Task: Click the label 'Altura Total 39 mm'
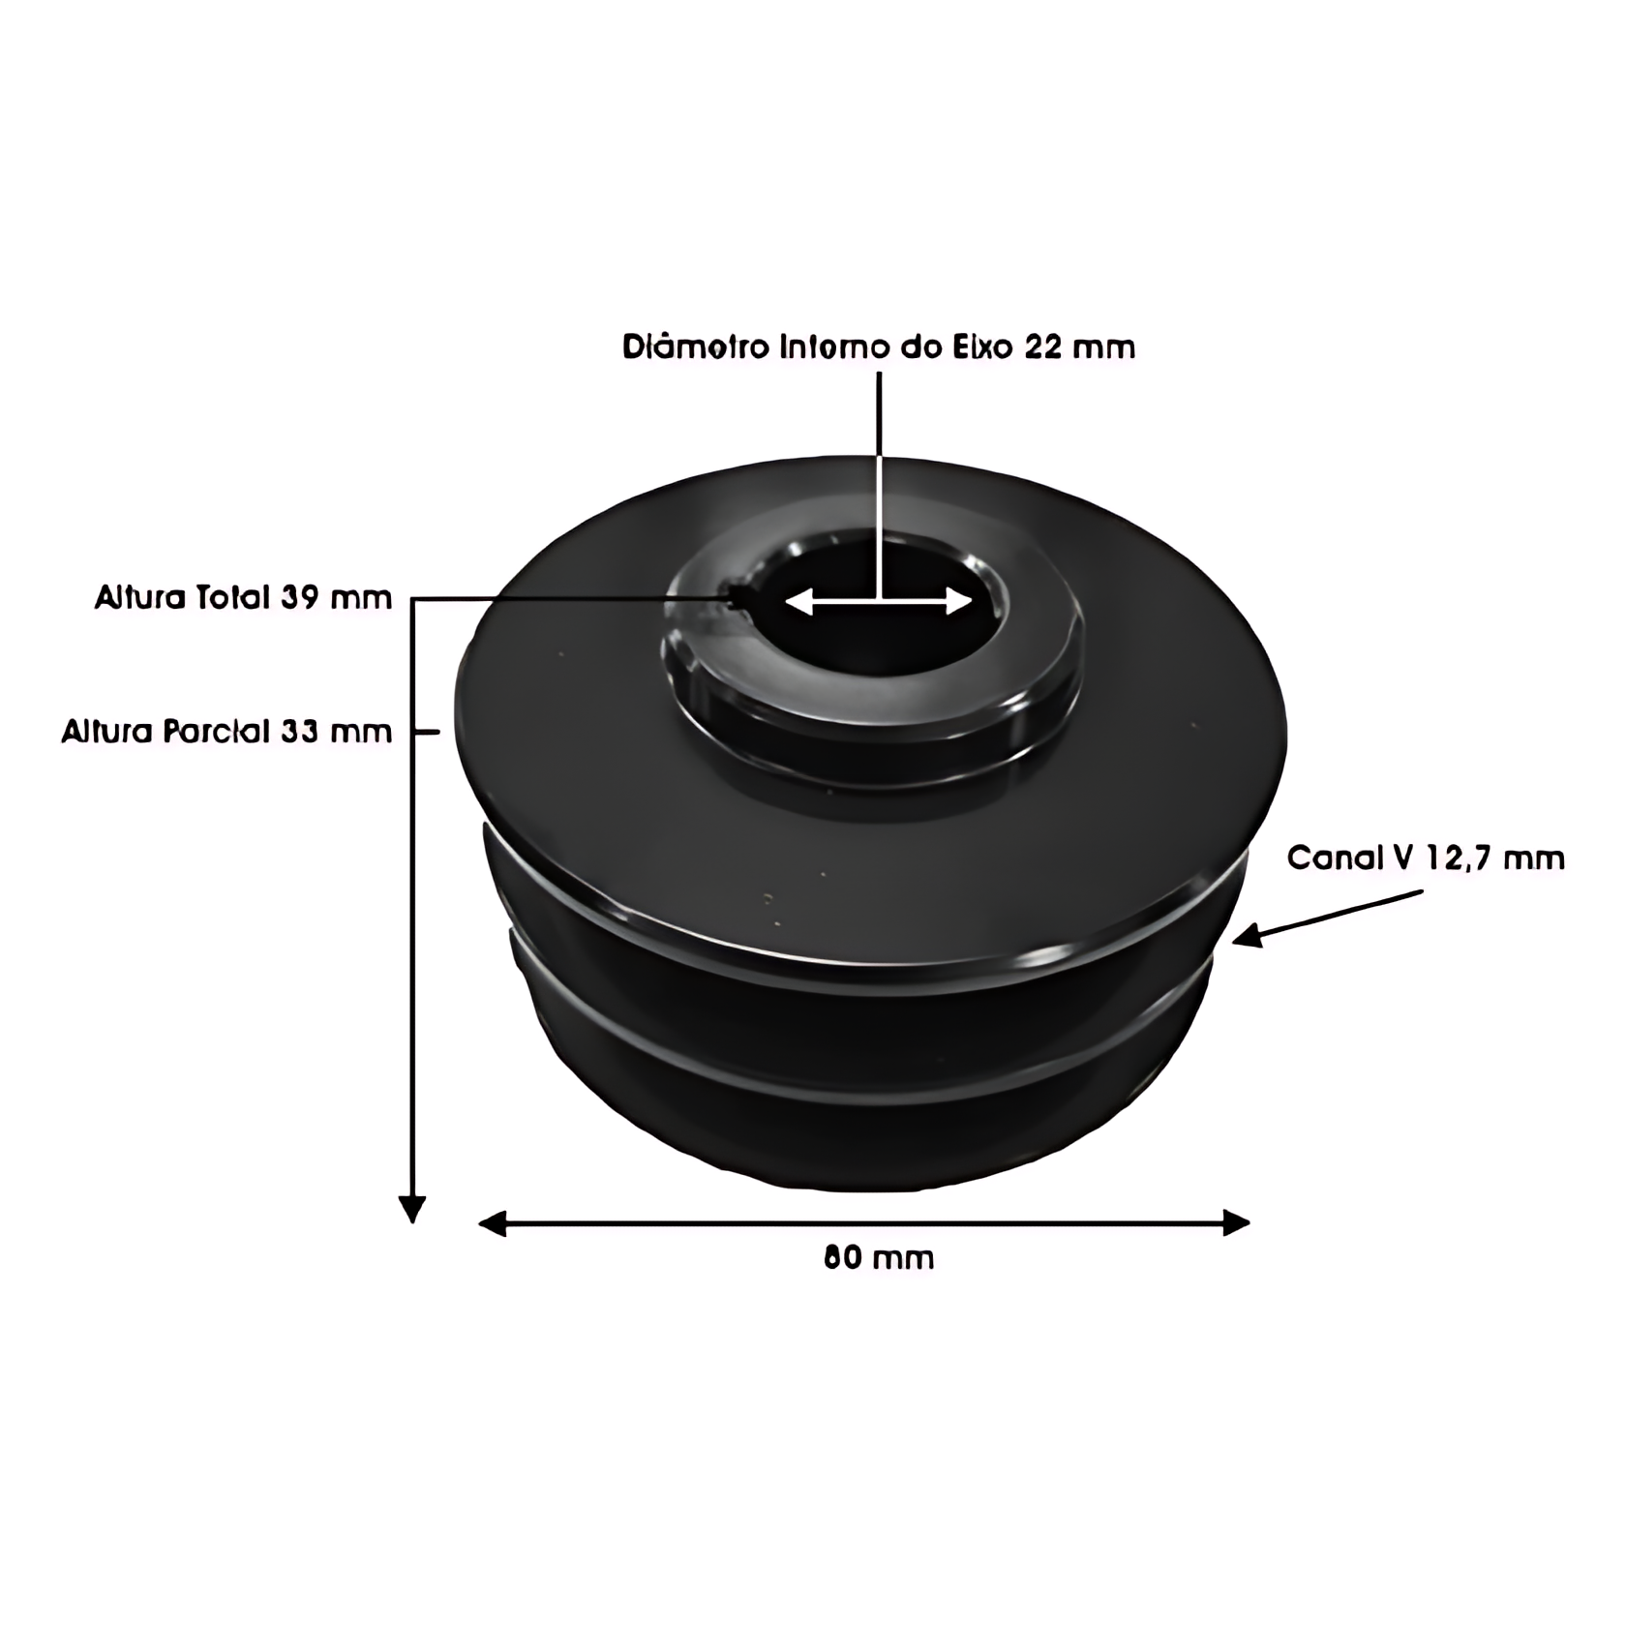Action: (243, 598)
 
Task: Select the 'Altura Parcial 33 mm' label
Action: (226, 731)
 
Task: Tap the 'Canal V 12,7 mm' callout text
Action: (1425, 858)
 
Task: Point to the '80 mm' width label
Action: (879, 1257)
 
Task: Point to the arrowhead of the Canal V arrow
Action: (1247, 936)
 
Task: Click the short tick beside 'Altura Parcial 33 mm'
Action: (426, 732)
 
